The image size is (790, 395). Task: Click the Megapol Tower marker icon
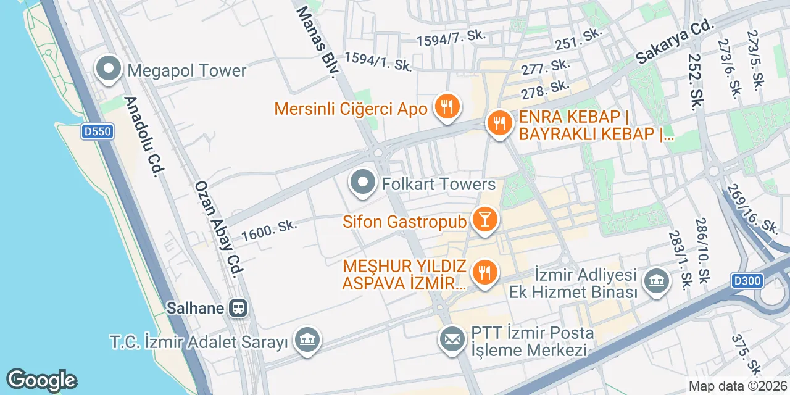109,70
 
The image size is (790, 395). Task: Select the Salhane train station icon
238,307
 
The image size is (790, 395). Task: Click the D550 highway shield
97,131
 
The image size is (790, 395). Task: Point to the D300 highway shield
748,281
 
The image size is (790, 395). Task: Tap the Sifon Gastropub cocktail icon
484,220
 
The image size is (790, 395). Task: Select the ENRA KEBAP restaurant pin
498,123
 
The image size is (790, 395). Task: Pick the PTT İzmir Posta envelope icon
452,338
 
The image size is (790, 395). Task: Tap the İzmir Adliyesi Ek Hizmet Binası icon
656,281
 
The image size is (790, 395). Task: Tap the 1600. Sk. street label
269,230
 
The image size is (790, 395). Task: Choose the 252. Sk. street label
693,81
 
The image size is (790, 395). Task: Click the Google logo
41,380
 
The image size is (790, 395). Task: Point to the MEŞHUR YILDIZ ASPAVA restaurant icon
484,272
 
